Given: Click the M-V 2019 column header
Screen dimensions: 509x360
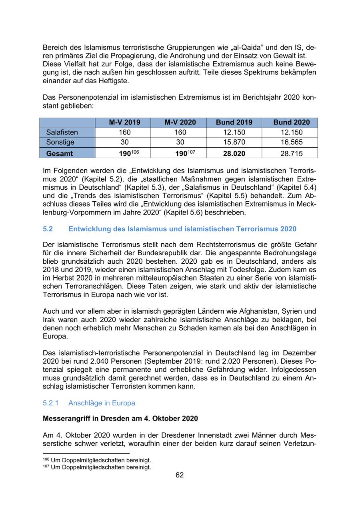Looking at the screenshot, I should (x=124, y=122).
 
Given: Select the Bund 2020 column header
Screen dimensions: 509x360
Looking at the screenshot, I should (x=291, y=122).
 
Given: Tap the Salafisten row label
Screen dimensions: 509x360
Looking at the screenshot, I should (x=62, y=132).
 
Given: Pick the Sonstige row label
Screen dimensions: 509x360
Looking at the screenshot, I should (x=60, y=142).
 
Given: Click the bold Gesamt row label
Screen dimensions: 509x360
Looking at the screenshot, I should (x=60, y=153).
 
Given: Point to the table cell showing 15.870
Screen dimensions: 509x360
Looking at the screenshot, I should (x=234, y=142).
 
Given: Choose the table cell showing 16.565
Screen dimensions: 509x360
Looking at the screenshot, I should (x=291, y=142).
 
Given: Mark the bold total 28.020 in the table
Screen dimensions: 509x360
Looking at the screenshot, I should (x=234, y=153).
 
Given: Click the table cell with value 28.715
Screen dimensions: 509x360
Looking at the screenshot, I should (x=291, y=153).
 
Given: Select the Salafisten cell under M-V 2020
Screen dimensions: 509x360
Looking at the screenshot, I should (x=180, y=132).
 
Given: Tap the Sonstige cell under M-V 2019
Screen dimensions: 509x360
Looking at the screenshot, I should (x=124, y=142).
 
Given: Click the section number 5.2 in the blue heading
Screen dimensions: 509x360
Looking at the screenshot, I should (x=48, y=229).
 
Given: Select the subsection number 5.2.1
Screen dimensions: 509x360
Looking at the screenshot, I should (x=51, y=403).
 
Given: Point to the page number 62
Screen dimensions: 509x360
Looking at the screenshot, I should (x=180, y=475).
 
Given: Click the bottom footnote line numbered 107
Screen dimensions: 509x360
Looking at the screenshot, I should (x=97, y=467).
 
